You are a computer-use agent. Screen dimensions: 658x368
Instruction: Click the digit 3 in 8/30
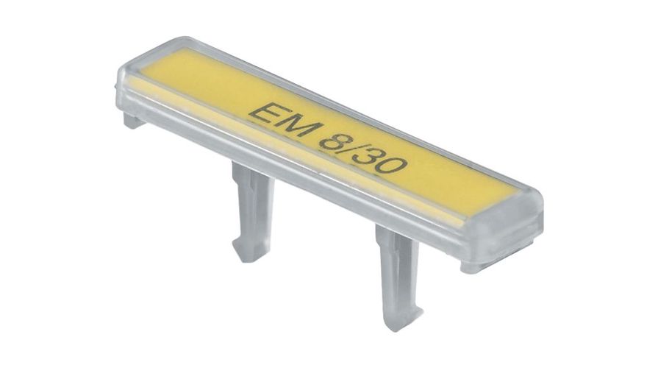(369, 156)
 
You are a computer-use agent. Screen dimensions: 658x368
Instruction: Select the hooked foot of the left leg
(248, 250)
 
